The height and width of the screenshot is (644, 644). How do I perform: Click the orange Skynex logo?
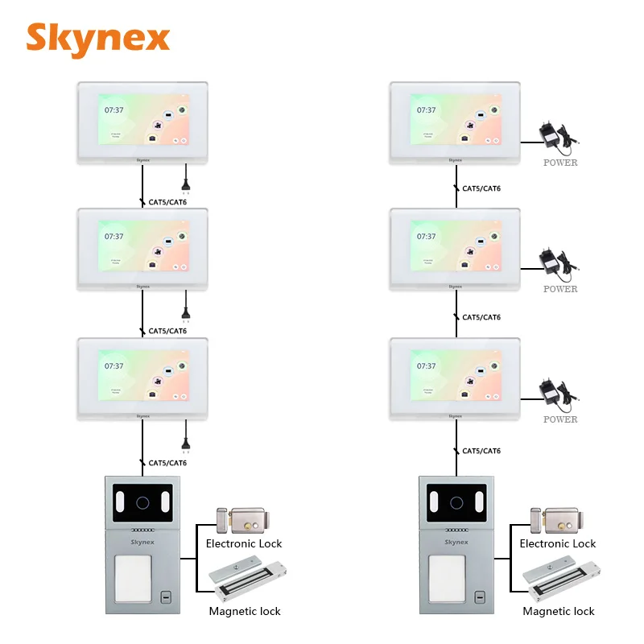tap(98, 38)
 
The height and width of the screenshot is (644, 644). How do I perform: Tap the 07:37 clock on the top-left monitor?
tap(114, 110)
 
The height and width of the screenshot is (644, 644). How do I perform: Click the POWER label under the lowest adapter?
tap(560, 419)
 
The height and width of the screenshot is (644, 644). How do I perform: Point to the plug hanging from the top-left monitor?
tap(186, 181)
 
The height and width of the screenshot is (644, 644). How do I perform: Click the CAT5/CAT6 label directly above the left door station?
tap(167, 463)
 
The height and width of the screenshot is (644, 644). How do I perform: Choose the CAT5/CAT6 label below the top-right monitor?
tap(481, 188)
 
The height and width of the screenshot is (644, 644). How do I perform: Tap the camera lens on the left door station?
tap(142, 505)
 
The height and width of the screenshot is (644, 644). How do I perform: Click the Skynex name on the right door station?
tap(456, 542)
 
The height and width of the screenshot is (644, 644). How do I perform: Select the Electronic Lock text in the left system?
tap(244, 543)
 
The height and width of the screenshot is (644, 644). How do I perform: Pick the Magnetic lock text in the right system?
tap(559, 612)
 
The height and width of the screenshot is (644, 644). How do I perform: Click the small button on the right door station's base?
tap(480, 598)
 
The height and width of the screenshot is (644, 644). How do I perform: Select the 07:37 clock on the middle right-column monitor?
tap(427, 236)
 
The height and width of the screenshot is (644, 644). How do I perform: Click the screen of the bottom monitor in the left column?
tap(143, 376)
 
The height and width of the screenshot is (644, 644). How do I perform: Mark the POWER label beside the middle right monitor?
tap(560, 289)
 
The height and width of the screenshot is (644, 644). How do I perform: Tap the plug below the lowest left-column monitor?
tap(186, 441)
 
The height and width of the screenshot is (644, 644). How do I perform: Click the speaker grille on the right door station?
tap(456, 530)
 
